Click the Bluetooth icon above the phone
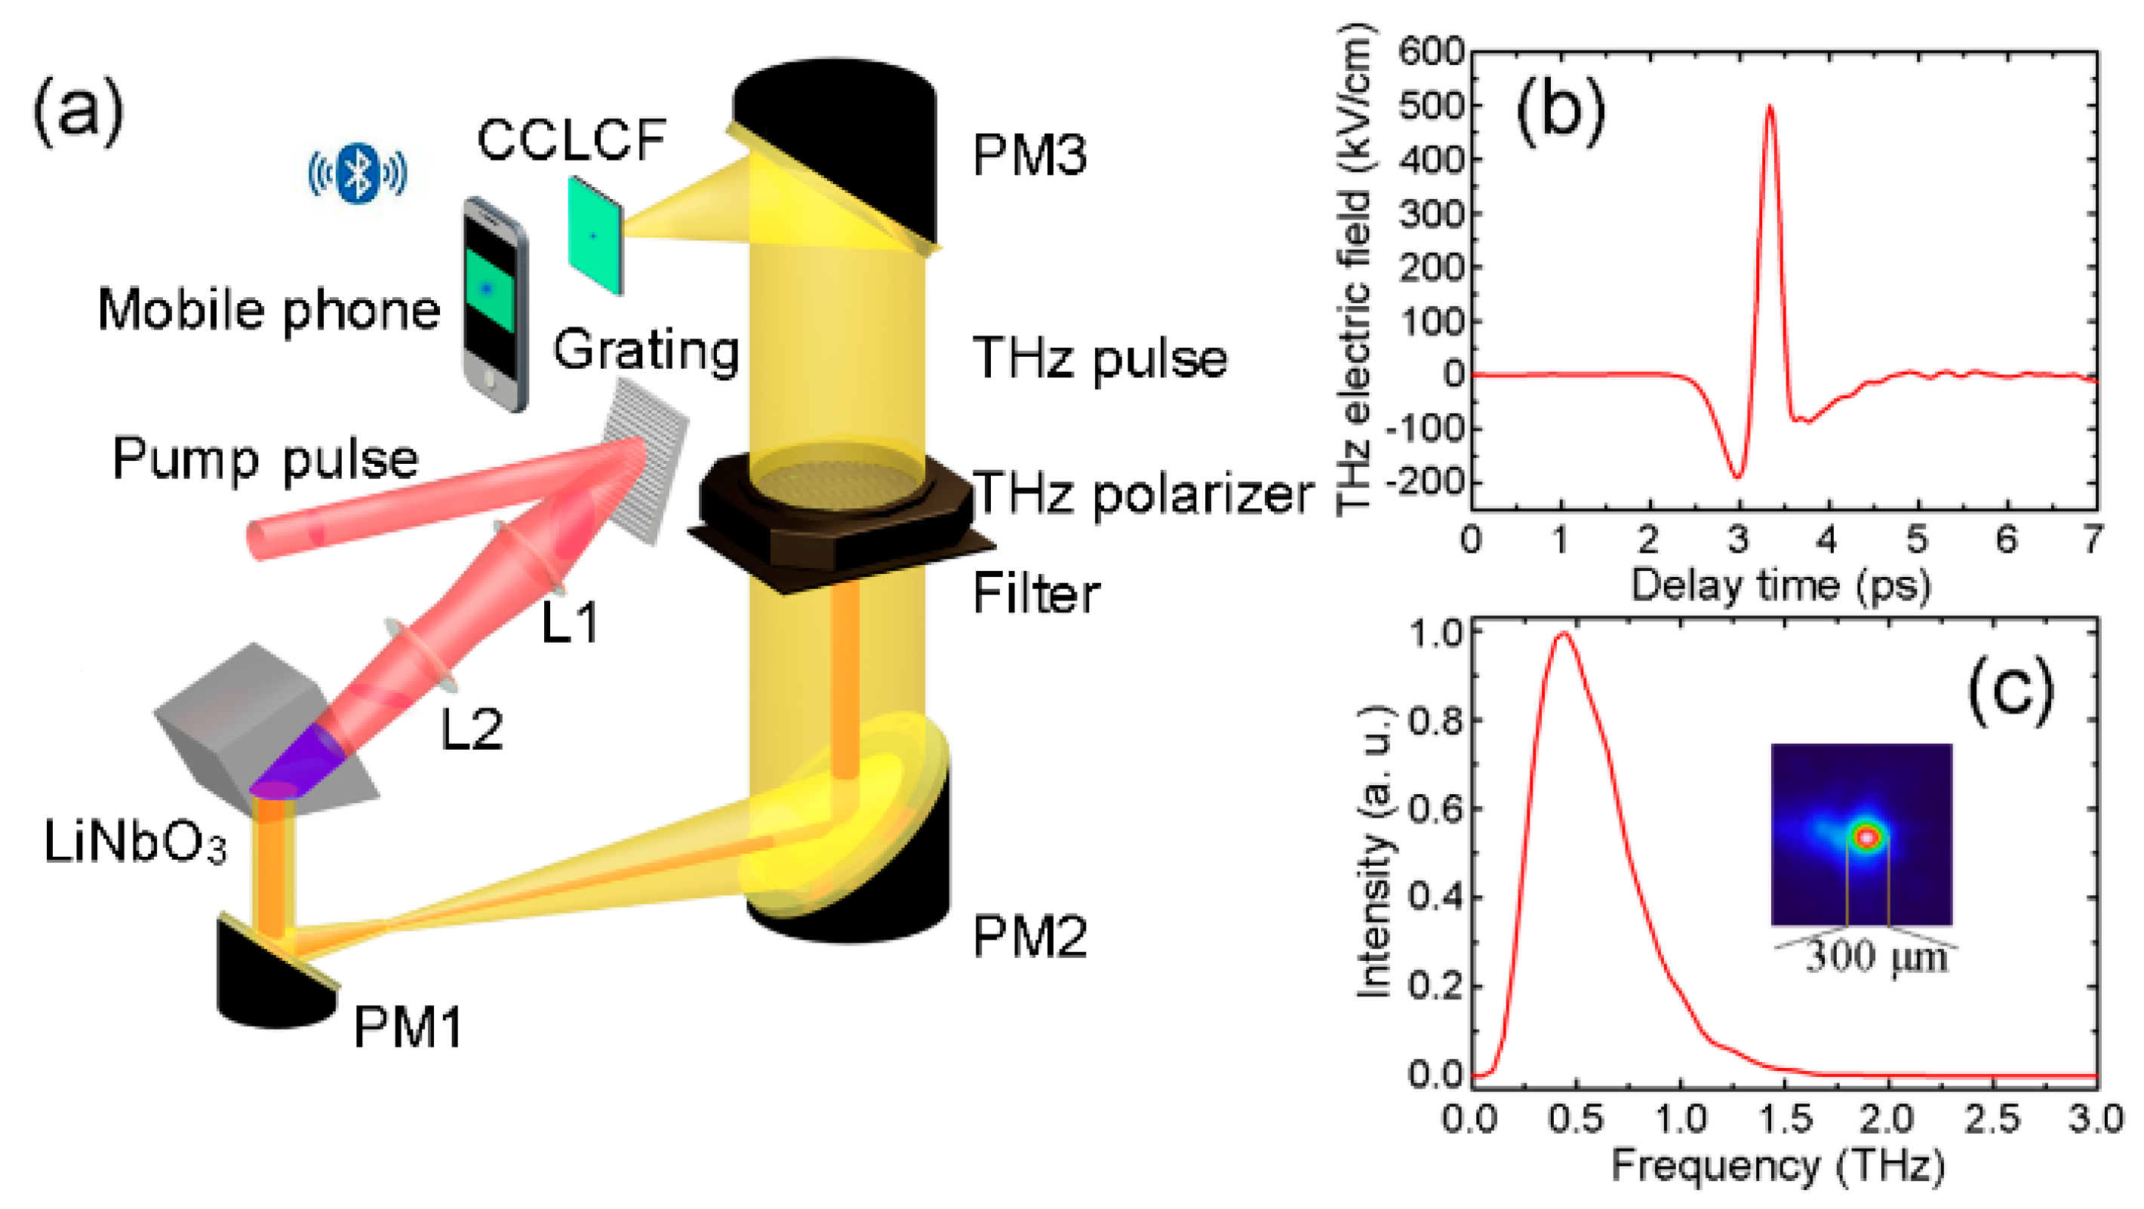(x=358, y=173)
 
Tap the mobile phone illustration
(x=494, y=304)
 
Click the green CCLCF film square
(x=594, y=235)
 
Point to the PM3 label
(x=1029, y=155)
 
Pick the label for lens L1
(x=570, y=622)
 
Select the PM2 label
(x=1029, y=937)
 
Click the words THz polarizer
(x=1142, y=494)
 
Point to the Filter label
(x=1036, y=594)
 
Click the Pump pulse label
(x=265, y=459)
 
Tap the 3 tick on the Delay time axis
(x=1738, y=540)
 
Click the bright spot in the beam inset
(x=1868, y=836)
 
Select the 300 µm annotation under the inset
(x=1876, y=957)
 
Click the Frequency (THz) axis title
(x=1779, y=1167)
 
